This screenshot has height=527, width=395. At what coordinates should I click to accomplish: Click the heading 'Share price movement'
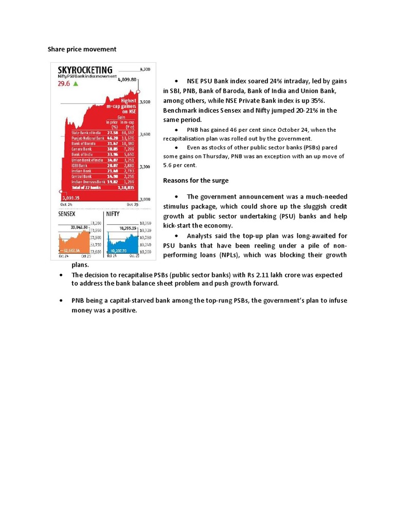(x=82, y=49)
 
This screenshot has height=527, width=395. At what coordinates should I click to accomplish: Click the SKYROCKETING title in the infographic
(x=85, y=69)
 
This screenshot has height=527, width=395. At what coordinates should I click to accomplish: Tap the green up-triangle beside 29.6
(x=76, y=83)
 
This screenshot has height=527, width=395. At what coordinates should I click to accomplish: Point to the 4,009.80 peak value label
(x=127, y=80)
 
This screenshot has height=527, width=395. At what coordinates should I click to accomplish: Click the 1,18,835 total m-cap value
(x=126, y=188)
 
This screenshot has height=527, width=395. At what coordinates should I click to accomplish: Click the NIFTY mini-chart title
(x=114, y=213)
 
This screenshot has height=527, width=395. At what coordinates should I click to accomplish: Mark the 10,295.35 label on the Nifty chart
(x=127, y=227)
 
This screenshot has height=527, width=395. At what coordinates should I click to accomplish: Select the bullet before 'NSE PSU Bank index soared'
(x=176, y=82)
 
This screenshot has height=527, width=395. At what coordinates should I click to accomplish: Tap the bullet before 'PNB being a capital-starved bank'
(x=61, y=300)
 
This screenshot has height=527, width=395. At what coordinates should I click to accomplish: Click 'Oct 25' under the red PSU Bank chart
(x=133, y=204)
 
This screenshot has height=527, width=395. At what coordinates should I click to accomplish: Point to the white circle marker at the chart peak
(x=139, y=81)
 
